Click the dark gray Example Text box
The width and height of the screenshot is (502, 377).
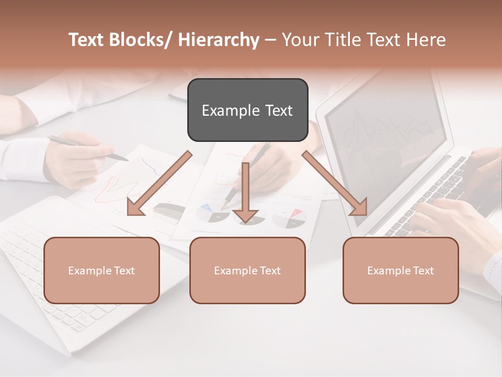pyautogui.click(x=247, y=110)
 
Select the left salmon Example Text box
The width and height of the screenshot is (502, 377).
pyautogui.click(x=101, y=270)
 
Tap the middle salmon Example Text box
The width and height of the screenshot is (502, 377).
pyautogui.click(x=247, y=270)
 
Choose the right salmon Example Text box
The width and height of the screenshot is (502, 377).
pyautogui.click(x=401, y=270)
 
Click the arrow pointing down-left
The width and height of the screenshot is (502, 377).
pyautogui.click(x=159, y=184)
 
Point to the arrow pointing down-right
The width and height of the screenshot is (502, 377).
pyautogui.click(x=335, y=183)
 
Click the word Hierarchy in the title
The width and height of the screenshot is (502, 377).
pyautogui.click(x=219, y=40)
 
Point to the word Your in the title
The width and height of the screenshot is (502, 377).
pyautogui.click(x=301, y=40)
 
